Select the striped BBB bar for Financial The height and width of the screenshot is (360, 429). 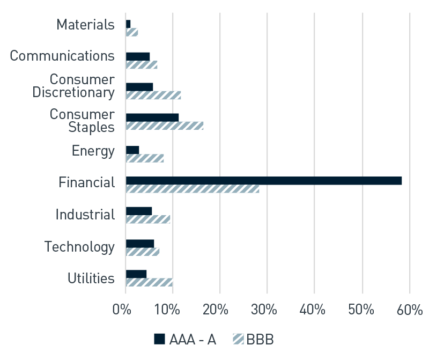click(x=193, y=189)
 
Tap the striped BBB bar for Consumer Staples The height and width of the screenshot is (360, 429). click(x=165, y=126)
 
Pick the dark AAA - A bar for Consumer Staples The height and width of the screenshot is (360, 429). click(x=152, y=117)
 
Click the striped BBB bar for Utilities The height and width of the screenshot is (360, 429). click(x=149, y=282)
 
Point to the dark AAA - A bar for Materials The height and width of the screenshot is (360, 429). click(x=128, y=24)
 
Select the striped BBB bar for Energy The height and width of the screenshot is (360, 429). click(x=145, y=158)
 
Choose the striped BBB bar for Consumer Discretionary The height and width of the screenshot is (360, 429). click(x=153, y=95)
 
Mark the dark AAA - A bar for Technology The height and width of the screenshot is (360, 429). click(x=140, y=243)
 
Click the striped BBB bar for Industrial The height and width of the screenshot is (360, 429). click(x=148, y=219)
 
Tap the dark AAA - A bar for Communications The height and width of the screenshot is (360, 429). click(x=138, y=56)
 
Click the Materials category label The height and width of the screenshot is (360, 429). click(x=86, y=25)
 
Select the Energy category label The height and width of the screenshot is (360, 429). click(x=93, y=151)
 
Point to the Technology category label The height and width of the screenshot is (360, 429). click(x=79, y=247)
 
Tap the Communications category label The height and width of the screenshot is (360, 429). click(x=62, y=56)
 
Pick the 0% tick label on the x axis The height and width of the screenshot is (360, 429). click(x=122, y=311)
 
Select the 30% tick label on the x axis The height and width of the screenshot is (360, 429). click(x=266, y=311)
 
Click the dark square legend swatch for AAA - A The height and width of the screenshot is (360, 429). click(x=159, y=339)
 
